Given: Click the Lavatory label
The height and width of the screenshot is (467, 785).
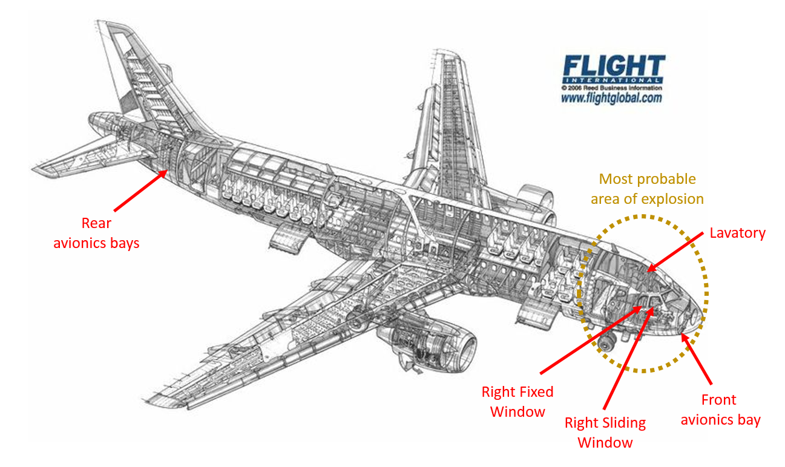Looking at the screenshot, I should (737, 233).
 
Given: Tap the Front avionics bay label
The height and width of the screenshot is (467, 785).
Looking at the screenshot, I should (720, 410).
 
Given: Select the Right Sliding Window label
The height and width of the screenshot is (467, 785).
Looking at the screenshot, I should (605, 432).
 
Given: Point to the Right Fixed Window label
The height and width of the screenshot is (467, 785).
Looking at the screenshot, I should (517, 401).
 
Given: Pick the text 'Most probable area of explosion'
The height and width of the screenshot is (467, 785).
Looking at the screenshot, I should (647, 189).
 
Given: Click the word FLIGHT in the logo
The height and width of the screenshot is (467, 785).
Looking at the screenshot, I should (614, 66).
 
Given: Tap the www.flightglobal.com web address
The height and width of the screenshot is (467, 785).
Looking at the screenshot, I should (611, 97).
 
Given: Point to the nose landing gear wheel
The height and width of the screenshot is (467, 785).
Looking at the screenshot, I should (604, 345).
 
